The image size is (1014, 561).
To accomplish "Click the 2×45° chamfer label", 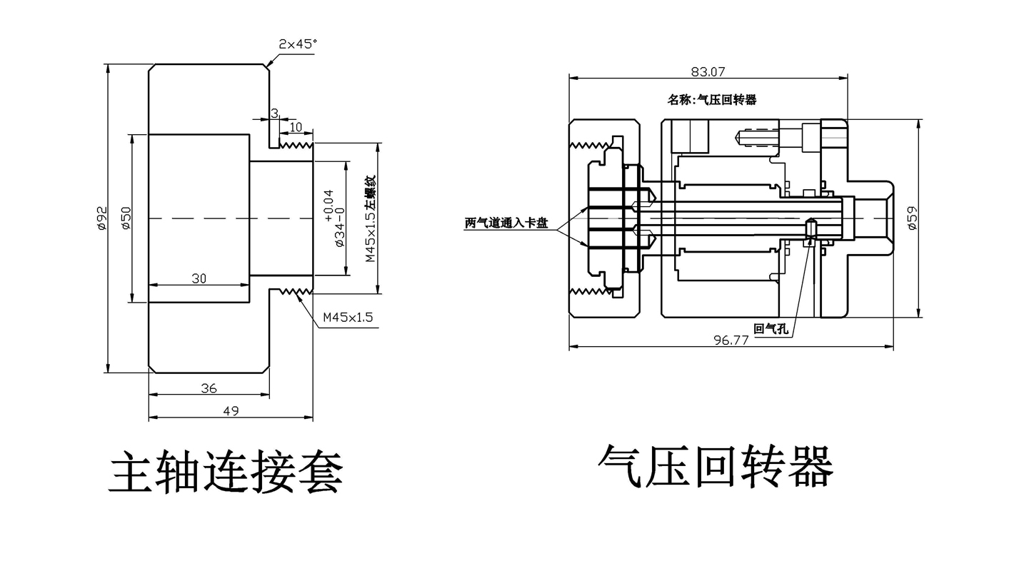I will pyautogui.click(x=298, y=44).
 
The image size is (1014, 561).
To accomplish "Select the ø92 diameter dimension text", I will pyautogui.click(x=101, y=218).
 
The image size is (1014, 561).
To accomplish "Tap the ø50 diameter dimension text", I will pyautogui.click(x=126, y=218).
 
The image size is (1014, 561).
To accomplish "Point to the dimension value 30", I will pyautogui.click(x=199, y=278).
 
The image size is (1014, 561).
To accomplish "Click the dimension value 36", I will pyautogui.click(x=209, y=388).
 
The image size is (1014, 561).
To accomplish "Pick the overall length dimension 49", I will pyautogui.click(x=231, y=410).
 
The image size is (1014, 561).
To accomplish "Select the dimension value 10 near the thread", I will pyautogui.click(x=296, y=127).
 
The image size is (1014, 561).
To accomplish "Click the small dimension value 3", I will pyautogui.click(x=274, y=113).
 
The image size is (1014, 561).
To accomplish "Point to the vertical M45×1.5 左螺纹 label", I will pyautogui.click(x=370, y=218).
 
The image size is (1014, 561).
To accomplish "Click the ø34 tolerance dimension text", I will pyautogui.click(x=334, y=218).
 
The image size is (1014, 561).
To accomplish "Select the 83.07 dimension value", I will pyautogui.click(x=708, y=71).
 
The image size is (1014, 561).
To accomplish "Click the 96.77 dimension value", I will pyautogui.click(x=731, y=340).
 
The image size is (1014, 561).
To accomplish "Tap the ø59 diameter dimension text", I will pyautogui.click(x=911, y=218).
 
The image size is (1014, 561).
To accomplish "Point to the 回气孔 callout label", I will pyautogui.click(x=770, y=329).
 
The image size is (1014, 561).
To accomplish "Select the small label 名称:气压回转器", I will pyautogui.click(x=712, y=100).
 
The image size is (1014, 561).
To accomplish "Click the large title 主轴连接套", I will pyautogui.click(x=226, y=472).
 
